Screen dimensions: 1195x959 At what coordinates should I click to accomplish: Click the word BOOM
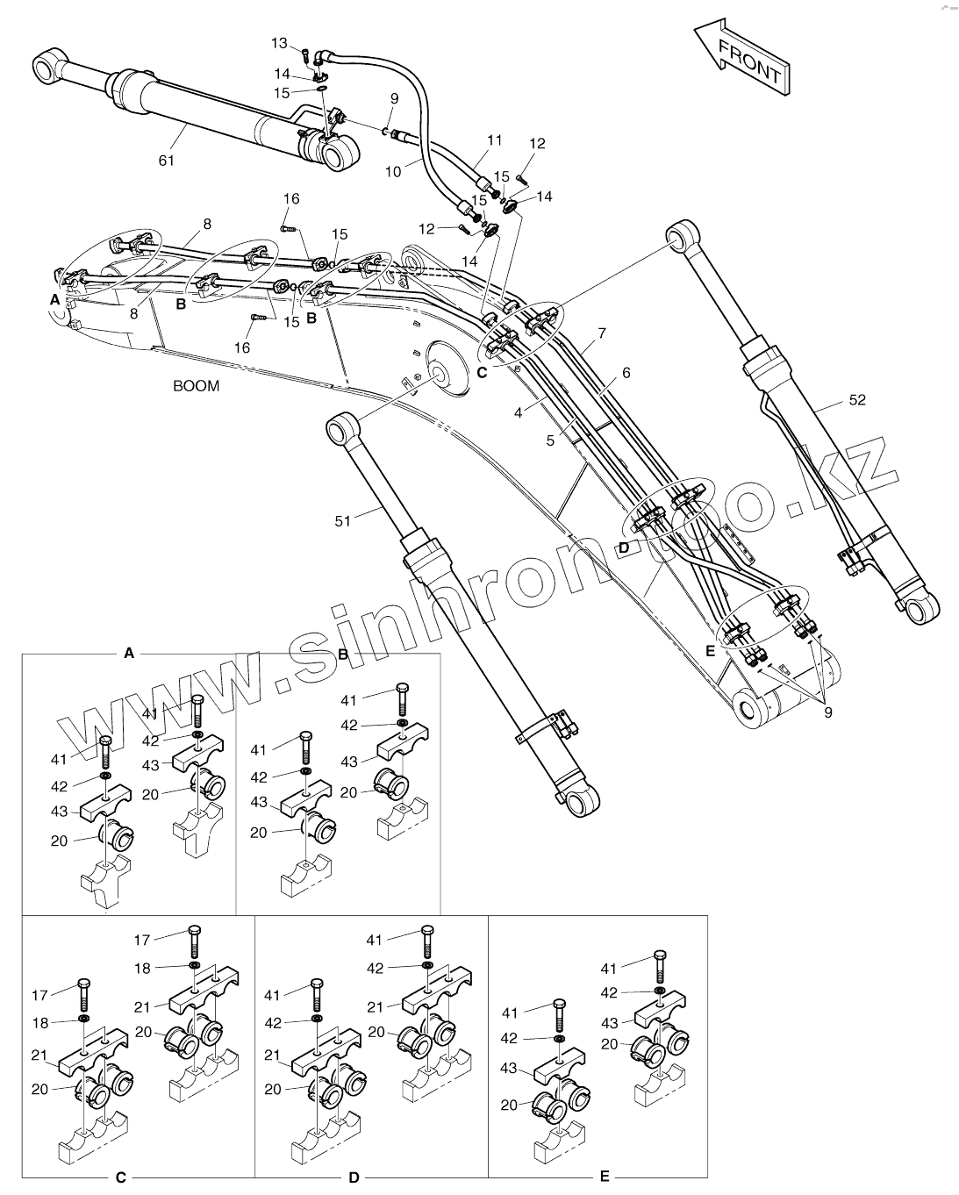click(x=196, y=386)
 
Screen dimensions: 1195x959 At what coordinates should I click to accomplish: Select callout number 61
click(x=167, y=160)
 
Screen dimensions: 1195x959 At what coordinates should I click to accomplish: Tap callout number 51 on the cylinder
click(x=342, y=521)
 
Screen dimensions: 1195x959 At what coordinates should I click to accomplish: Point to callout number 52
click(x=857, y=400)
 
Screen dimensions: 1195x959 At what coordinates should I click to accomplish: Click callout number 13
click(x=279, y=43)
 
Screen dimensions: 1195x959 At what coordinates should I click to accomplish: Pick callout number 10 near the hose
click(x=392, y=171)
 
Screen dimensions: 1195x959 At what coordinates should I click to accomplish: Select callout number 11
click(x=495, y=140)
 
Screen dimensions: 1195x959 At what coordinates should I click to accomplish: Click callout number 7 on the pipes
click(x=602, y=333)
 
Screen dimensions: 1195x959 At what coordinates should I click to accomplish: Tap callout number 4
click(x=519, y=411)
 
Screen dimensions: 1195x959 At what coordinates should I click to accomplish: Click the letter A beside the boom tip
click(x=55, y=299)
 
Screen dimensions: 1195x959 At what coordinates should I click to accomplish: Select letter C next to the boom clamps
click(x=482, y=371)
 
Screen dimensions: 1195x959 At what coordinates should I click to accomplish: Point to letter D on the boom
click(x=623, y=547)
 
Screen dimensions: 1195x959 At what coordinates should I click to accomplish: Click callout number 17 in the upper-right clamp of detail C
click(x=142, y=940)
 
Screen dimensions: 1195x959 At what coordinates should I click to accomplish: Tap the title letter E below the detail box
click(x=605, y=1177)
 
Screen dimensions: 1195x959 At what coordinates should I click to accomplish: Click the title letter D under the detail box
click(x=354, y=1177)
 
